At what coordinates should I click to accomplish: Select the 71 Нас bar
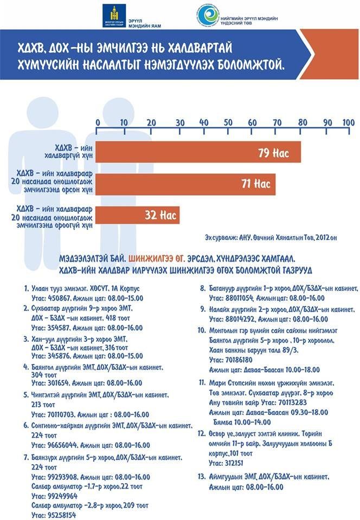point(186,184)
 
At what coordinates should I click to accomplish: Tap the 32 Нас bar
point(138,214)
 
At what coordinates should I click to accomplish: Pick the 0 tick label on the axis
point(97,122)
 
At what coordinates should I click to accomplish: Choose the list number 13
point(202,476)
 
